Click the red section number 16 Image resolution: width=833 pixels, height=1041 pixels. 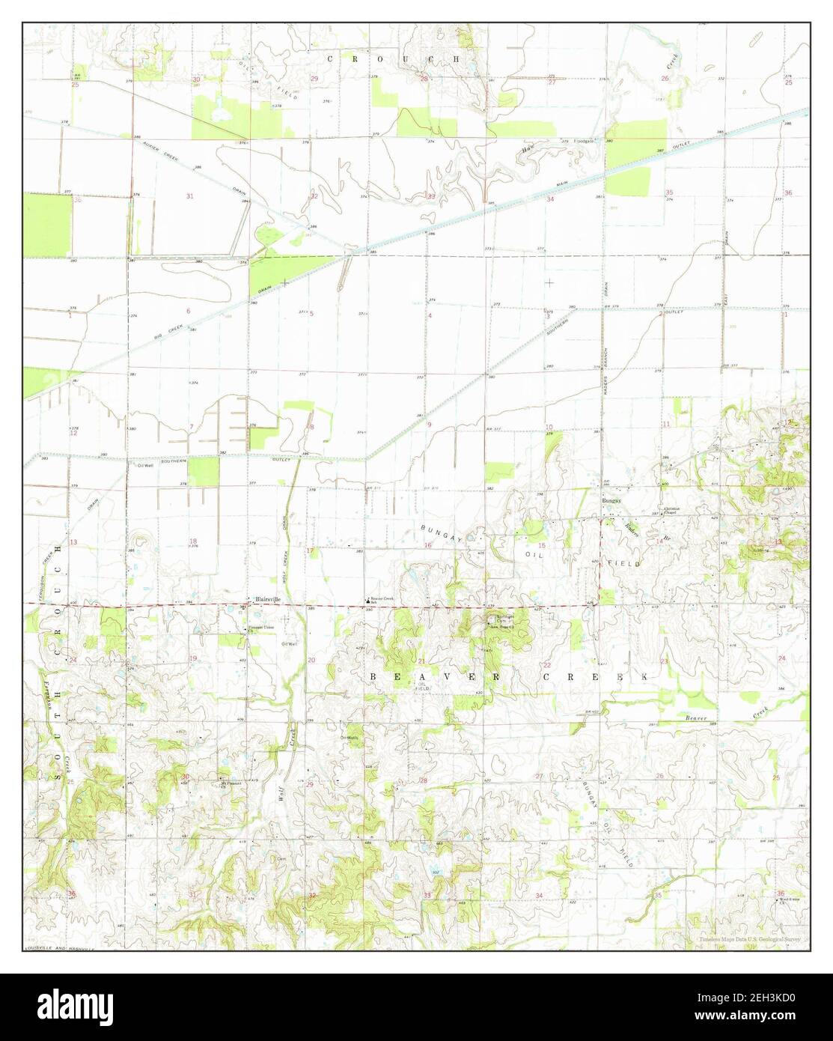click(428, 545)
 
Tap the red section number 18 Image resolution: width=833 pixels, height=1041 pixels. click(193, 541)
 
